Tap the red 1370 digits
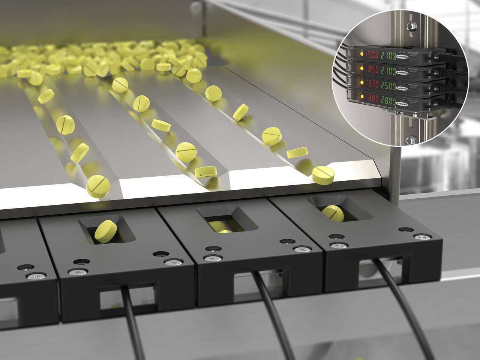[372, 84]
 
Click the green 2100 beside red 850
[395, 70]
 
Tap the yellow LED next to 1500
[361, 54]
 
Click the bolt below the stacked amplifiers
[409, 139]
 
